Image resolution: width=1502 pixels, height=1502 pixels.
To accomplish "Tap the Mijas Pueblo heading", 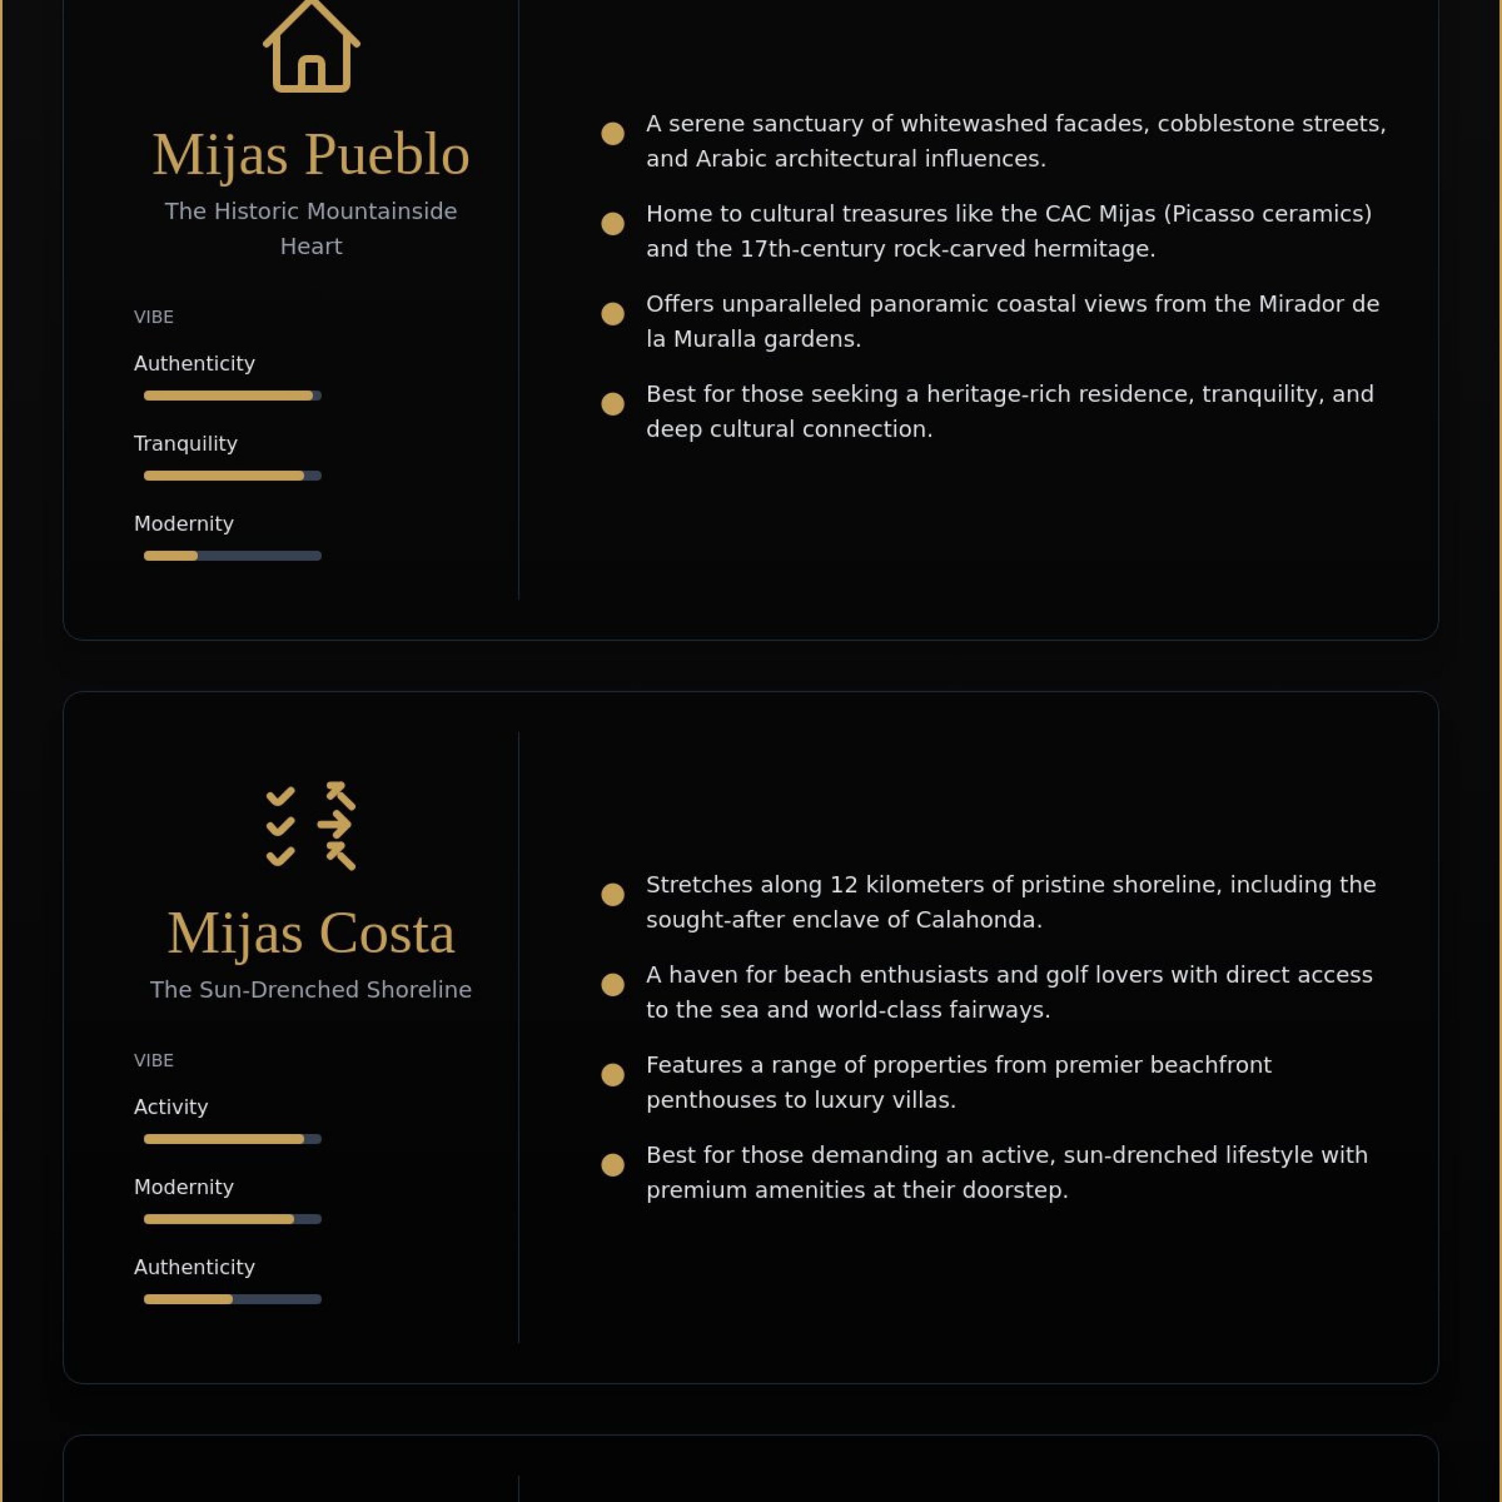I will point(311,154).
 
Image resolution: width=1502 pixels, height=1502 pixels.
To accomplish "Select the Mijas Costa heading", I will point(311,932).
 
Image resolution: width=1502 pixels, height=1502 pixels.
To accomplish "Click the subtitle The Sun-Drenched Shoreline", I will point(311,990).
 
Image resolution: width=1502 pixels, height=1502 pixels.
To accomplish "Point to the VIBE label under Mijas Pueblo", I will point(153,317).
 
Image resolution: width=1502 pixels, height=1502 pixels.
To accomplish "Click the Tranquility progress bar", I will point(232,476).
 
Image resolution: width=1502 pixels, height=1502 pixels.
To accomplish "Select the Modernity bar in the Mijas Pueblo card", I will point(232,556).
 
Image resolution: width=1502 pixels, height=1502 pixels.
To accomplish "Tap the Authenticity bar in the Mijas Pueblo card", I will point(232,395).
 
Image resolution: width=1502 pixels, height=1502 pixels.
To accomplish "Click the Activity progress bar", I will point(232,1139).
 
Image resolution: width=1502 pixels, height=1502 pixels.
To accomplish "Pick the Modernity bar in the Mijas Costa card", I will point(232,1219).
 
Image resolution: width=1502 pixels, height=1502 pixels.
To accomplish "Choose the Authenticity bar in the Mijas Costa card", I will point(232,1299).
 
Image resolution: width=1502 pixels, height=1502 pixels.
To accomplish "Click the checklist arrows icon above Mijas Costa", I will point(311,826).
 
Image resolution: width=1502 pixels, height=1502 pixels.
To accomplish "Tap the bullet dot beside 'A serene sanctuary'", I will point(613,134).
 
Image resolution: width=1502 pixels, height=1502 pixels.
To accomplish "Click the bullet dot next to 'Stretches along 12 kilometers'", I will point(613,895).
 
